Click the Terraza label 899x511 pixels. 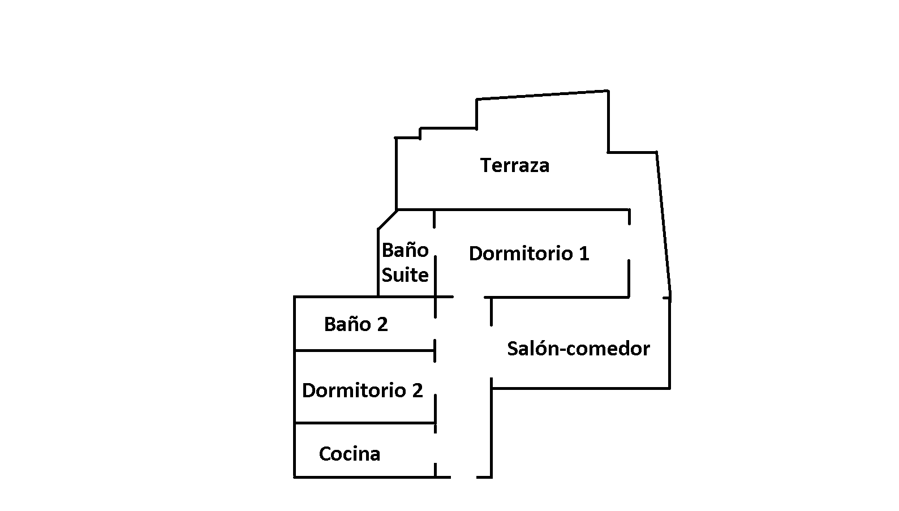click(514, 165)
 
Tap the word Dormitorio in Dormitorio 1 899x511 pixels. click(521, 254)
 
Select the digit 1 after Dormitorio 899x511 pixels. click(584, 254)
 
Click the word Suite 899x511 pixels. click(405, 275)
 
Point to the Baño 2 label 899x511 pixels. click(355, 324)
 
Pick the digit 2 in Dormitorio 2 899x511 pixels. click(417, 390)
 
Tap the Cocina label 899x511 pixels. click(349, 454)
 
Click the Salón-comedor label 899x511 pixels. click(578, 349)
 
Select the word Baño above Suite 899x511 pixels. click(405, 250)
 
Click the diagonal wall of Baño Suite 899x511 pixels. click(388, 220)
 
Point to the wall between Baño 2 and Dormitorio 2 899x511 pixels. click(362, 351)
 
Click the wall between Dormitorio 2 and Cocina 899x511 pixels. click(362, 423)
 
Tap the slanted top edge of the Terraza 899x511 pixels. click(542, 95)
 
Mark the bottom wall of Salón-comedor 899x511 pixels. click(580, 388)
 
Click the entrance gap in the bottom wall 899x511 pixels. click(463, 477)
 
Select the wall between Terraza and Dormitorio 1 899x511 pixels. click(512, 210)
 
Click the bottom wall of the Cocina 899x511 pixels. click(362, 477)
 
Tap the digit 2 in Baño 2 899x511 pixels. click(382, 324)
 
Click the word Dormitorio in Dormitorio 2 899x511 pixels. click(354, 390)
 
